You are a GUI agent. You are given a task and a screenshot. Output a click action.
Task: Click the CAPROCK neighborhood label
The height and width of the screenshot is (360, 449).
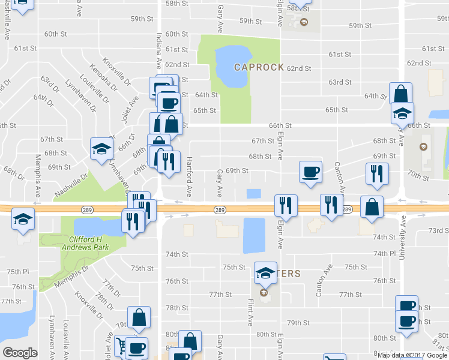click(259, 67)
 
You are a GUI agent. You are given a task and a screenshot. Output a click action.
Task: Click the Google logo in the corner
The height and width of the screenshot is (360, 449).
click(20, 352)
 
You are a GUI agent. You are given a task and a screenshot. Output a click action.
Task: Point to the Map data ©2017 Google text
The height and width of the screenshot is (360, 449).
click(412, 355)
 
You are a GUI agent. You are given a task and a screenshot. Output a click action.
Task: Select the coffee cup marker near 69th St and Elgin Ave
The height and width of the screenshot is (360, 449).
click(311, 172)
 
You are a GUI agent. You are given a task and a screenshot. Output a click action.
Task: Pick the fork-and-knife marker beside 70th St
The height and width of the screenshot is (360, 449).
click(374, 173)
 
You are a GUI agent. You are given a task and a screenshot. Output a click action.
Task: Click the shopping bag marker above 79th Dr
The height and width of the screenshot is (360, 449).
click(139, 317)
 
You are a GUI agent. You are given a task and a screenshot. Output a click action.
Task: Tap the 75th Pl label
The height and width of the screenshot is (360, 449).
click(18, 272)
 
